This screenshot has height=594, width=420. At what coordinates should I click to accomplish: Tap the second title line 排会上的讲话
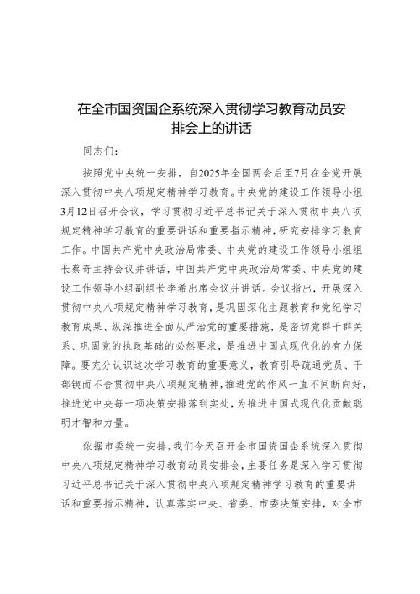click(x=209, y=129)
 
